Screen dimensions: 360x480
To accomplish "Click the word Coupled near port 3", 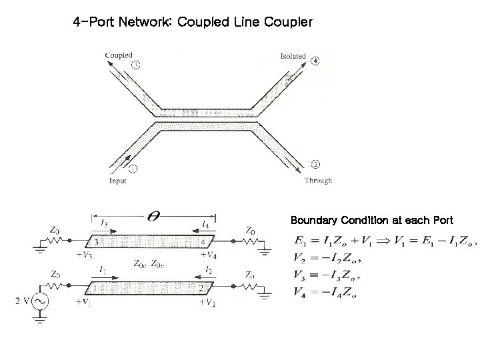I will coord(119,55).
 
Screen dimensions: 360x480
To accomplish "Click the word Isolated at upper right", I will coord(293,57).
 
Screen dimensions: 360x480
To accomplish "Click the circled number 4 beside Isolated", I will coord(314,61).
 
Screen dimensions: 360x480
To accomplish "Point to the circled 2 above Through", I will coord(315,164).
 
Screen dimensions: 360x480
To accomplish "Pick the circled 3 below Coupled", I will coord(136,65).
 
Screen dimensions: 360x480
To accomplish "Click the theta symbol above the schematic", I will coord(153,217).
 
